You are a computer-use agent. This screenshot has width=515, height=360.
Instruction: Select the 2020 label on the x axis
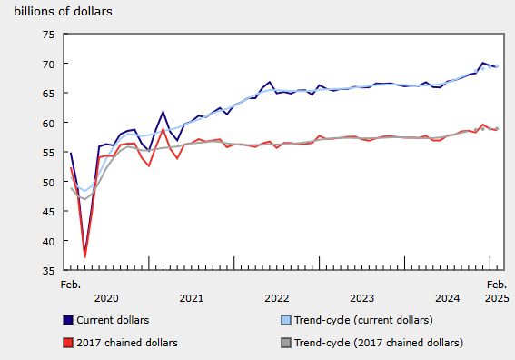click(x=106, y=298)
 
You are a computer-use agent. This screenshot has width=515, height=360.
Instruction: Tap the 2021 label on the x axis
click(x=192, y=298)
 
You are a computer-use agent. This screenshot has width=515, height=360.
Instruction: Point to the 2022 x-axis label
click(x=277, y=298)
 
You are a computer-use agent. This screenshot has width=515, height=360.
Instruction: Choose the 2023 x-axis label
click(x=362, y=298)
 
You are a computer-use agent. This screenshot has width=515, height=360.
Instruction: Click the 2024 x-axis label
click(x=448, y=298)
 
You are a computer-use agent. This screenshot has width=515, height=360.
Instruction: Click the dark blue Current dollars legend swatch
click(x=68, y=320)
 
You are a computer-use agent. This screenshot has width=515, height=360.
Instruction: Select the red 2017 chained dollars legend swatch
click(x=68, y=343)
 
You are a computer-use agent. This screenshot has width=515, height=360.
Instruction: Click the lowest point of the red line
click(x=85, y=257)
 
